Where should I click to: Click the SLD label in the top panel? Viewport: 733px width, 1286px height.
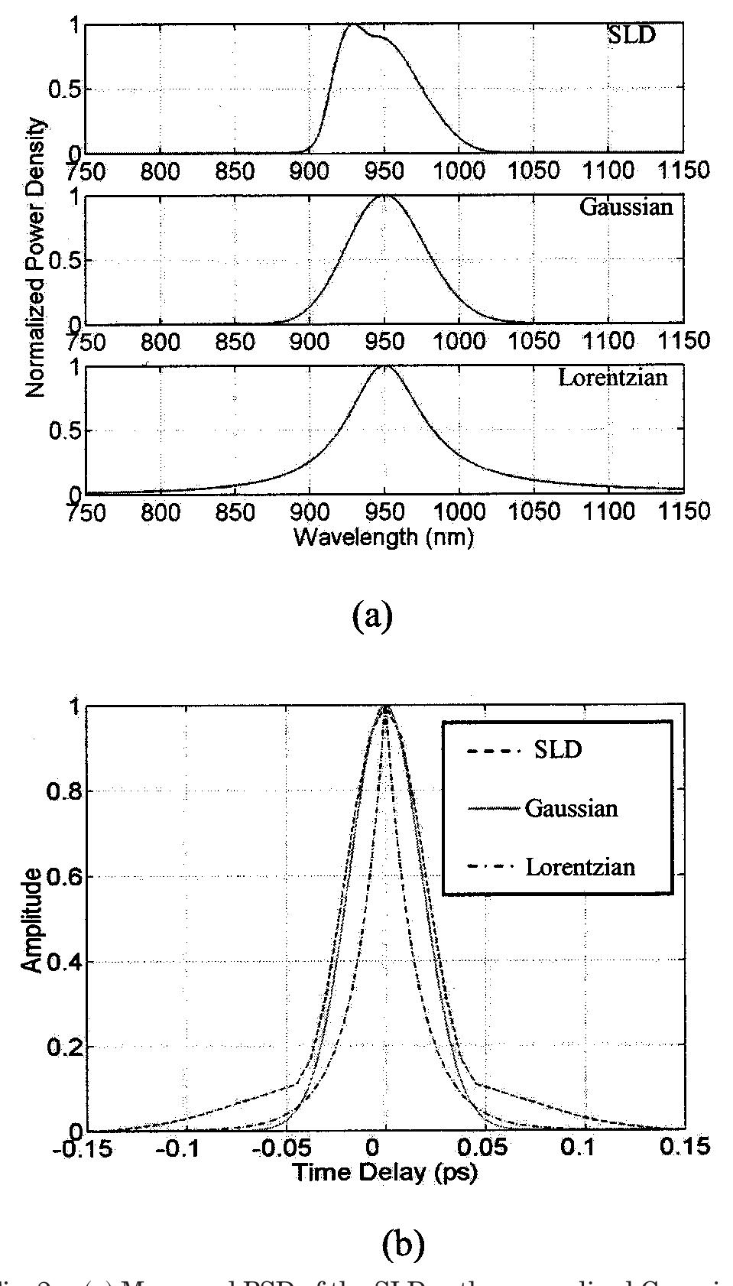tap(631, 36)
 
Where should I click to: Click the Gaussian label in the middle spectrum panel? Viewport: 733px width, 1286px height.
tap(626, 207)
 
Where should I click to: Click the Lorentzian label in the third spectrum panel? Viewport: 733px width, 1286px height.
tap(612, 378)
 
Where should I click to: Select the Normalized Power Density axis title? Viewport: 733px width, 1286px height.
tap(34, 258)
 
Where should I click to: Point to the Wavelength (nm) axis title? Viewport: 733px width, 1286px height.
tap(383, 537)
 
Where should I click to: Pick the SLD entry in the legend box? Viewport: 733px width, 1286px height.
tap(557, 750)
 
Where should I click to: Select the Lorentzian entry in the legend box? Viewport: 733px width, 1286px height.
tap(580, 867)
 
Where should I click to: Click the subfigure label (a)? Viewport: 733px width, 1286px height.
tap(372, 614)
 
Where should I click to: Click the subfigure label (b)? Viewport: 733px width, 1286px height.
tap(402, 1245)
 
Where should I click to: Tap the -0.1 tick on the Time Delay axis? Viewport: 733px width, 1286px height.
tap(182, 1148)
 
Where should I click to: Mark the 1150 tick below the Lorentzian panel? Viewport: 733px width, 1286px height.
tap(683, 511)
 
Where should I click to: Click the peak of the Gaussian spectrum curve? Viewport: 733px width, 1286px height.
tap(384, 196)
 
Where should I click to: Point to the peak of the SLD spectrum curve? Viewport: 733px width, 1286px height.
tap(352, 25)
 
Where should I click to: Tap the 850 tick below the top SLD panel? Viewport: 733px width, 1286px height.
tap(235, 170)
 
